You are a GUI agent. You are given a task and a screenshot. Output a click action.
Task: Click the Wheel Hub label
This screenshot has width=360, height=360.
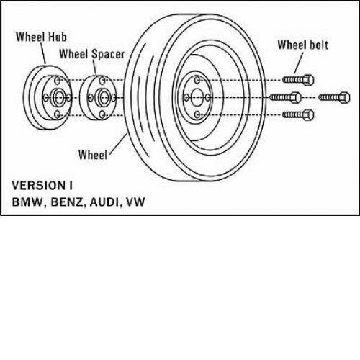[x=41, y=37]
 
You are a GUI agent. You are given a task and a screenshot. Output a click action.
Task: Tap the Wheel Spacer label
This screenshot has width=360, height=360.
[x=92, y=54]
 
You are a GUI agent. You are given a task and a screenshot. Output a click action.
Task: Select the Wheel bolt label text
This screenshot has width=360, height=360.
[x=302, y=45]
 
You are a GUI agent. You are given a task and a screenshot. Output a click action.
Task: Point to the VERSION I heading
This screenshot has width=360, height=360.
[x=42, y=186]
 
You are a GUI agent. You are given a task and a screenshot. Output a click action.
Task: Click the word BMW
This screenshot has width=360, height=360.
[x=27, y=202]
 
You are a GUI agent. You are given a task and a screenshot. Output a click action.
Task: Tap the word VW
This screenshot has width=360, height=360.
[x=135, y=202]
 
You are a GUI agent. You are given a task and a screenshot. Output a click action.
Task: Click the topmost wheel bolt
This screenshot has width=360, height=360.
[x=298, y=80]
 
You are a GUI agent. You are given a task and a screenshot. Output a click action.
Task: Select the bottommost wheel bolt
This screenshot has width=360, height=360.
[x=298, y=115]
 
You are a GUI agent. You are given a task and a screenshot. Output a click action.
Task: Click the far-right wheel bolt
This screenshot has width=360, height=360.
[x=334, y=97]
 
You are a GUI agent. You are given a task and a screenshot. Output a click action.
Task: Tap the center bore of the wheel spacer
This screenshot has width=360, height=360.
[x=104, y=98]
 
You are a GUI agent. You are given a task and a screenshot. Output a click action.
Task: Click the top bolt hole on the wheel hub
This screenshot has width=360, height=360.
[x=58, y=81]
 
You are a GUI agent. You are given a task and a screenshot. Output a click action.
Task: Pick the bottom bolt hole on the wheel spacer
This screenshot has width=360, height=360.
[x=102, y=114]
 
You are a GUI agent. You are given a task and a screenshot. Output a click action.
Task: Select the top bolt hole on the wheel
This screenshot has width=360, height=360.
[x=197, y=80]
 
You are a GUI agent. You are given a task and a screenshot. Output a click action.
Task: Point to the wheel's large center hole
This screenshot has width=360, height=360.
[x=197, y=97]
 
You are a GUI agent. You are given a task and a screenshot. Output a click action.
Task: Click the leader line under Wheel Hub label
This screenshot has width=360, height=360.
[x=43, y=53]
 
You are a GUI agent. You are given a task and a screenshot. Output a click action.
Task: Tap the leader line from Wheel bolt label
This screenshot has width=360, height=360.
[x=299, y=63]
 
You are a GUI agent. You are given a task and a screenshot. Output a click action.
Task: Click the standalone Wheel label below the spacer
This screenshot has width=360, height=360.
[x=93, y=155]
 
